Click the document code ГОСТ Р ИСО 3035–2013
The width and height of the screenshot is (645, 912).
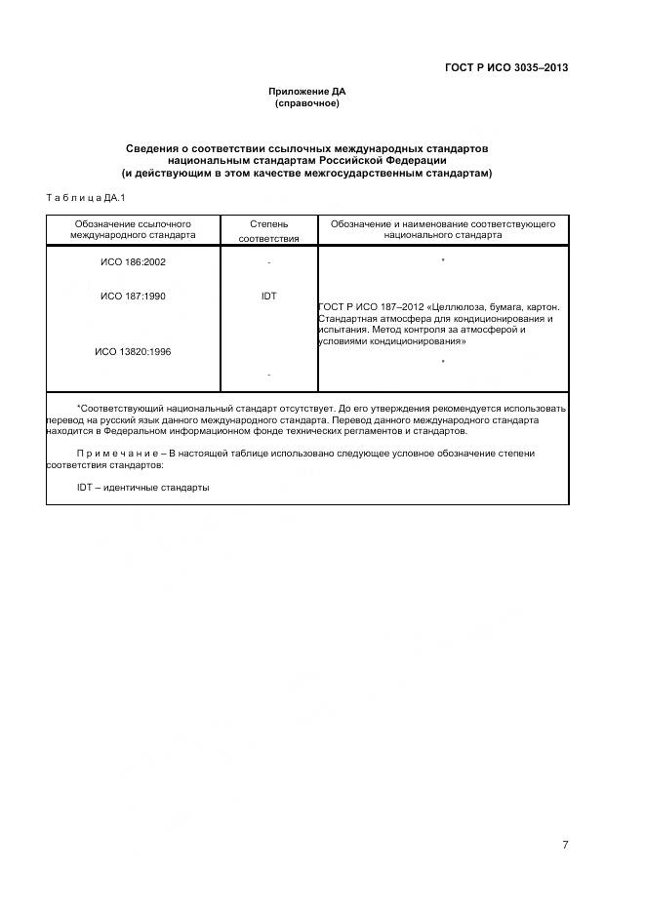(x=505, y=67)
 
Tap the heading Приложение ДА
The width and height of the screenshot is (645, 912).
(x=306, y=92)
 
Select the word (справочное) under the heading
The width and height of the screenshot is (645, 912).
(x=306, y=102)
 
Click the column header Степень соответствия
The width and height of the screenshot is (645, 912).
(x=268, y=230)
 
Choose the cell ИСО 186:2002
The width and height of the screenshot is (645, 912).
(x=133, y=262)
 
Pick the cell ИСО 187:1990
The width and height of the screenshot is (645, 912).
(x=133, y=296)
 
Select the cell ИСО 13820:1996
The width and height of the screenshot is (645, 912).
(x=133, y=351)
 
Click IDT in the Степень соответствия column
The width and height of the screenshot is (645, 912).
(x=268, y=296)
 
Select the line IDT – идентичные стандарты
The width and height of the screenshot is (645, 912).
(x=142, y=488)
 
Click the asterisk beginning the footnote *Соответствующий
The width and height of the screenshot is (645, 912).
(x=78, y=408)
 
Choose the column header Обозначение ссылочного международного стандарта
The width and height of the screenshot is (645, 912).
(x=133, y=229)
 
